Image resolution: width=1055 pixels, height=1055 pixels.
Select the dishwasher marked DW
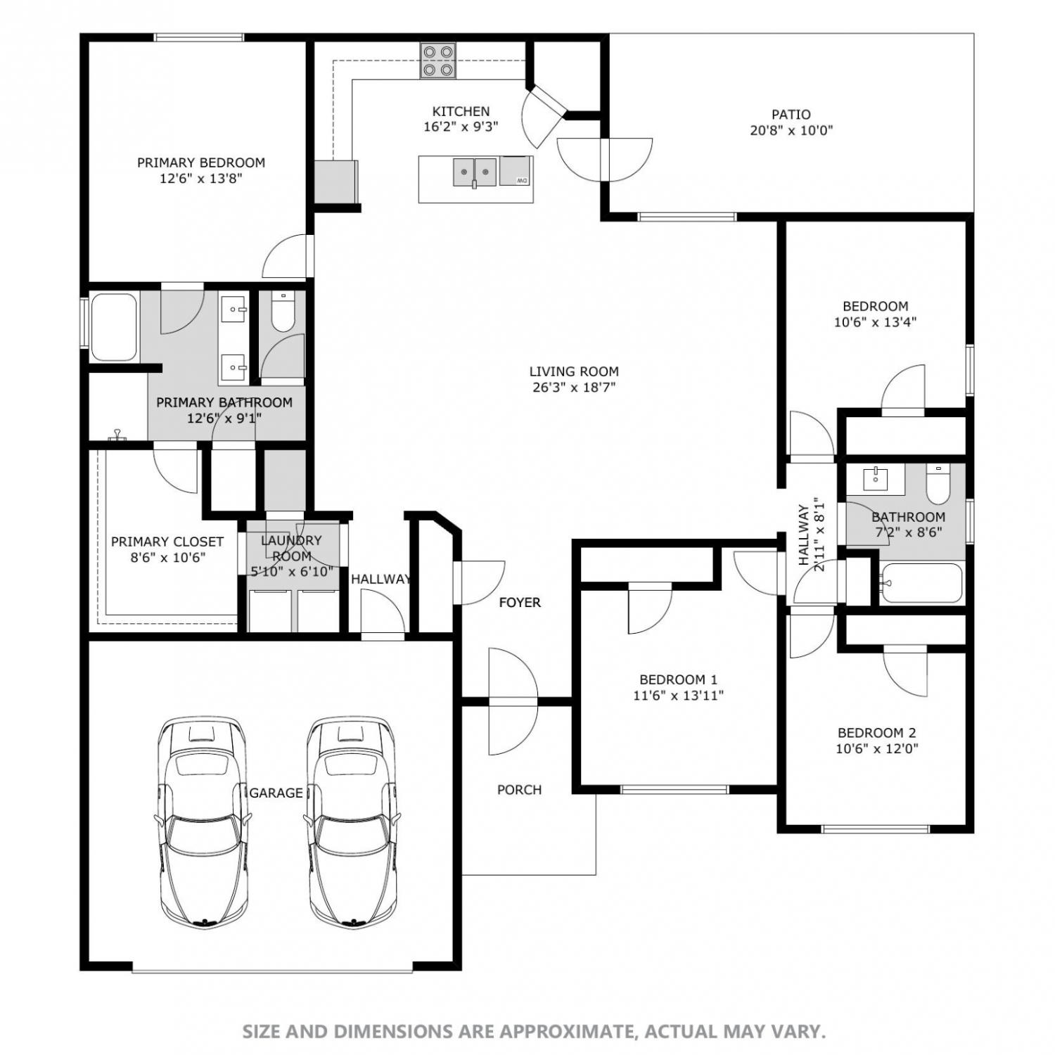pyautogui.click(x=516, y=172)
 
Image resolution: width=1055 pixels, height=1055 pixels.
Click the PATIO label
pyautogui.click(x=791, y=114)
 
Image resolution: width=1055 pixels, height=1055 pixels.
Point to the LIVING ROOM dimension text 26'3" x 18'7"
pyautogui.click(x=574, y=387)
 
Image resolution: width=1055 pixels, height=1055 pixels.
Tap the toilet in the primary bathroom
pyautogui.click(x=283, y=312)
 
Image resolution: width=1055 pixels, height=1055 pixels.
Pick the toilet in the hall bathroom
pyautogui.click(x=938, y=483)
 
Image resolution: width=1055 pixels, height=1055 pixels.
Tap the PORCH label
pyautogui.click(x=520, y=790)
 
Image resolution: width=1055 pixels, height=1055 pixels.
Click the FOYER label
pyautogui.click(x=520, y=602)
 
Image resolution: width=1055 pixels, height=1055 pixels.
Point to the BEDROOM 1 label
pyautogui.click(x=678, y=679)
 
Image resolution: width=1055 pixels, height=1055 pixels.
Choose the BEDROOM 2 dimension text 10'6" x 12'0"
pyautogui.click(x=877, y=749)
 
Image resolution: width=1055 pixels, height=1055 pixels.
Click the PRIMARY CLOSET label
pyautogui.click(x=167, y=542)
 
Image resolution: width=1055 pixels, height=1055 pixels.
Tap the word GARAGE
pyautogui.click(x=276, y=793)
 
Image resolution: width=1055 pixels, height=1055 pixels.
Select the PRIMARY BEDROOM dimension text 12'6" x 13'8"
pyautogui.click(x=201, y=179)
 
